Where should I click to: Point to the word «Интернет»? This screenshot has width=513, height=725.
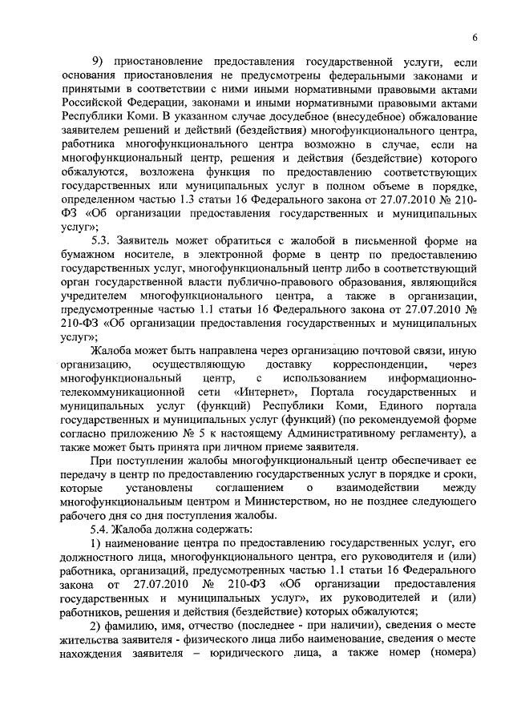267,392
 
